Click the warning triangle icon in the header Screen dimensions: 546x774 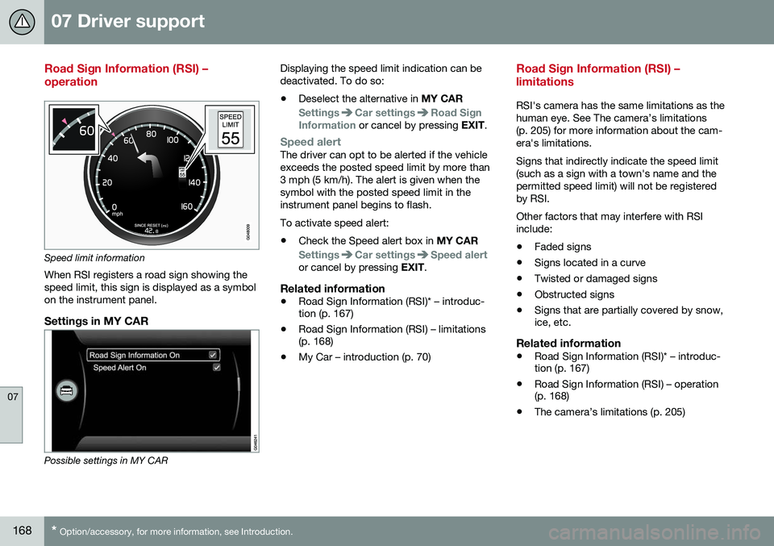tap(22, 22)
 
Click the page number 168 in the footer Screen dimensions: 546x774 tap(23, 531)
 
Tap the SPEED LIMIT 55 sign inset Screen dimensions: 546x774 tap(231, 129)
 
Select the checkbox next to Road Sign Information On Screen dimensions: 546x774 tap(213, 354)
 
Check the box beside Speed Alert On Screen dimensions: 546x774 tap(216, 367)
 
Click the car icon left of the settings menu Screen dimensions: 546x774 tap(67, 390)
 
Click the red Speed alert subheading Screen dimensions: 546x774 tap(310, 142)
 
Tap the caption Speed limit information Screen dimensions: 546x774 tap(94, 259)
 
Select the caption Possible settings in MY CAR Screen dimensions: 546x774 tap(106, 461)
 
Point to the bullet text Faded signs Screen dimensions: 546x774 tap(562, 247)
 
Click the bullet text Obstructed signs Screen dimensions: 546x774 tap(573, 294)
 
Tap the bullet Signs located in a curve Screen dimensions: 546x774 tap(589, 263)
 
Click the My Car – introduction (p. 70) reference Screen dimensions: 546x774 tap(364, 356)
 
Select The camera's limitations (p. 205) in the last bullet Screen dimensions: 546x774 tap(609, 412)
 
